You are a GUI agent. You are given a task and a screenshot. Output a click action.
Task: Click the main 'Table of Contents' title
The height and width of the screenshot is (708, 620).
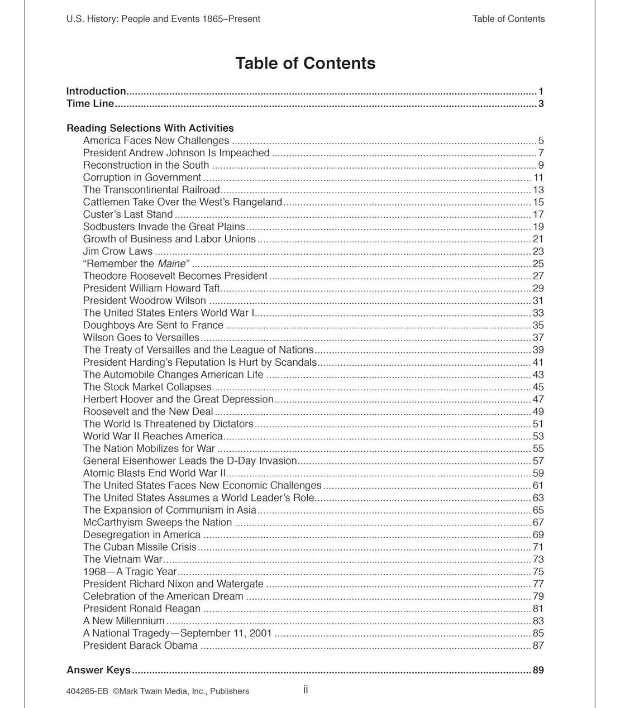pyautogui.click(x=305, y=63)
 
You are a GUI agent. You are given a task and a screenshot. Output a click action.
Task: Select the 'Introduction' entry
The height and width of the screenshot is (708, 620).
pyautogui.click(x=96, y=91)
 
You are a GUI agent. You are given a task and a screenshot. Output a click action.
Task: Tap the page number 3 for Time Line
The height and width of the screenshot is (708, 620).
pyautogui.click(x=541, y=104)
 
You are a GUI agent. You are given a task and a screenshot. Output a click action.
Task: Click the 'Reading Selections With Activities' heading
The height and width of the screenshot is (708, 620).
pyautogui.click(x=150, y=128)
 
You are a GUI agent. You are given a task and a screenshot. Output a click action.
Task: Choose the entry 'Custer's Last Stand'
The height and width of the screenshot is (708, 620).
pyautogui.click(x=128, y=214)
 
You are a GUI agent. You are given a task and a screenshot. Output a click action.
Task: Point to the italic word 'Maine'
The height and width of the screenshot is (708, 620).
pyautogui.click(x=171, y=264)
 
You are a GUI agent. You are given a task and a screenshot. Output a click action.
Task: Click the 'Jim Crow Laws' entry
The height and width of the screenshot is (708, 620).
pyautogui.click(x=117, y=251)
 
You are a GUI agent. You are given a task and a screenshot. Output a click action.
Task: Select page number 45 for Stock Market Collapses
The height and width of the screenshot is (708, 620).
pyautogui.click(x=538, y=387)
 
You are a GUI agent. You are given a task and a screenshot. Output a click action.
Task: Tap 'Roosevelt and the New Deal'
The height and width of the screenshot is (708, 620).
pyautogui.click(x=148, y=412)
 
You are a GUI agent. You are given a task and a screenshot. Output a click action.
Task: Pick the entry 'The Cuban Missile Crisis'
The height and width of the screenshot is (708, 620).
pyautogui.click(x=140, y=547)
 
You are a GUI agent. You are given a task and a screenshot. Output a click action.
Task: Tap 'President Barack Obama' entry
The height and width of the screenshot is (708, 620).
pyautogui.click(x=140, y=645)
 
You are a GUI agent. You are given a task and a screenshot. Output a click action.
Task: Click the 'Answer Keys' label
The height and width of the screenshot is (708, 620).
pyautogui.click(x=98, y=670)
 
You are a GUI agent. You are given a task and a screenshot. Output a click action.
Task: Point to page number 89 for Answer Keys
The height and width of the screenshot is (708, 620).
pyautogui.click(x=538, y=670)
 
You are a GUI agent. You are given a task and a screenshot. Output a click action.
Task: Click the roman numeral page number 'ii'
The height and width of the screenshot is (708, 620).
pyautogui.click(x=306, y=690)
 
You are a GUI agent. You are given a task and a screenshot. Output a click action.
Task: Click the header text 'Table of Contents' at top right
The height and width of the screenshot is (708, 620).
pyautogui.click(x=508, y=19)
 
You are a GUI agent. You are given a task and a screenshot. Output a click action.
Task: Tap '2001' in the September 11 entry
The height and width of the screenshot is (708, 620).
pyautogui.click(x=261, y=633)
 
